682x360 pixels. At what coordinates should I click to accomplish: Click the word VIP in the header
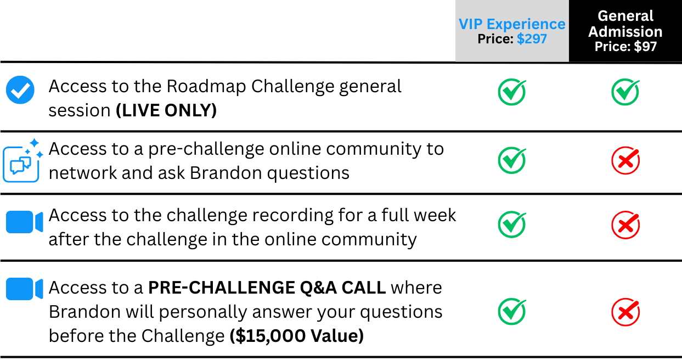(470, 24)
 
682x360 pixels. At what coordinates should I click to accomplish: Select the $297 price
(532, 39)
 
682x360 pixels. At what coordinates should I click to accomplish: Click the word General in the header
(625, 16)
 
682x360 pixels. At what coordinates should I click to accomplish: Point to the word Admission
(625, 32)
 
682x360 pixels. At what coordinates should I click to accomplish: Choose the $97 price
(645, 47)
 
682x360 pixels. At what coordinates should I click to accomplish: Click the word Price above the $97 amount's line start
(612, 47)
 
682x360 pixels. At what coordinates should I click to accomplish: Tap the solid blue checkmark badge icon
(20, 90)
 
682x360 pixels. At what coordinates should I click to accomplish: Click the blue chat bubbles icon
(21, 164)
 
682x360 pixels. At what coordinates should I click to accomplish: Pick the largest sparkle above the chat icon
(34, 143)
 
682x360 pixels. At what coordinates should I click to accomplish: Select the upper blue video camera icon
(24, 222)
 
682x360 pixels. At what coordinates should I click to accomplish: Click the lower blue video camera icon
(24, 289)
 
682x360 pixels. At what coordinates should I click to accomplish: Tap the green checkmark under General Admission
(625, 92)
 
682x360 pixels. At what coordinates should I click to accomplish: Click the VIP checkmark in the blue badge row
(512, 92)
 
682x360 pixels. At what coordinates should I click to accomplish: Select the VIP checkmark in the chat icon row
(512, 160)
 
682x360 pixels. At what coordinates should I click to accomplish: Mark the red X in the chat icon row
(625, 161)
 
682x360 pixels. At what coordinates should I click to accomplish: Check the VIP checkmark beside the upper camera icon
(512, 224)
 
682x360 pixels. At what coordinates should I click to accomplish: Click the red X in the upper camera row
(625, 224)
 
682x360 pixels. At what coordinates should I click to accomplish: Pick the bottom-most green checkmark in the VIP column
(512, 311)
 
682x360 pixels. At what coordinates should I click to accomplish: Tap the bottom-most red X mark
(625, 312)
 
